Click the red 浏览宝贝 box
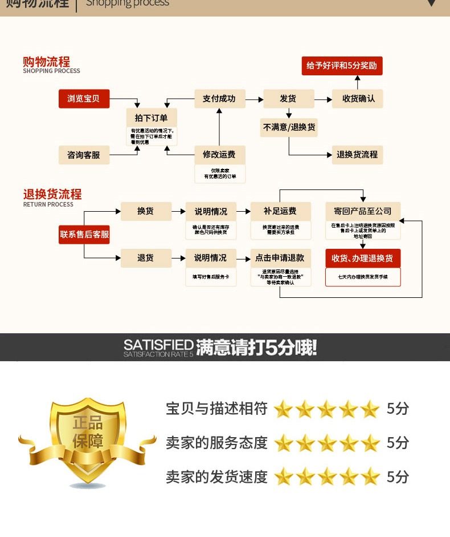coord(84,99)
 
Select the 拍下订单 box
coord(151,118)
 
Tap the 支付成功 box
coord(219,99)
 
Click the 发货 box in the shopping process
coord(288,99)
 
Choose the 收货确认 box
coord(358,99)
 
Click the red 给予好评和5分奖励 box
coord(342,66)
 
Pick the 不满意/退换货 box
coord(289,127)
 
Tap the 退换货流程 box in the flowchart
coord(357,155)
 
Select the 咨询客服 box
coord(84,155)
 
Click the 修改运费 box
coord(219,155)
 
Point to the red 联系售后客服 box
coord(84,235)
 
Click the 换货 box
coord(146,211)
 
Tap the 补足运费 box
coord(280,211)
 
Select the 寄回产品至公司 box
coord(363,211)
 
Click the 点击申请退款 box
coord(280,258)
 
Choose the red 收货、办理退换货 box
coord(363,259)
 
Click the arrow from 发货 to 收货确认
coord(323,99)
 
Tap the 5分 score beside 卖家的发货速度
coord(398,477)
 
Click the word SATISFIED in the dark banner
coord(158,345)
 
